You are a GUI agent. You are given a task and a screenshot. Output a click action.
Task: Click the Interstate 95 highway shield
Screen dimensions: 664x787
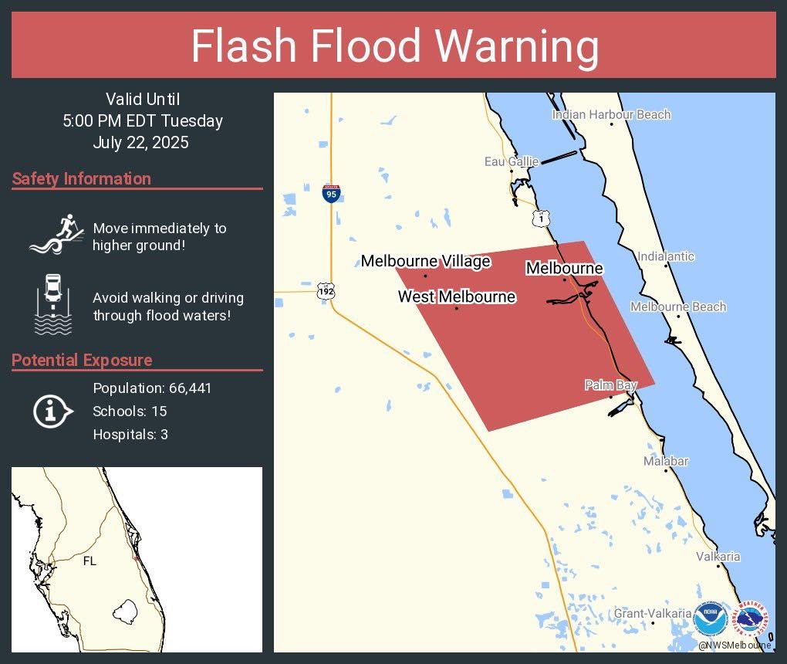[x=331, y=193]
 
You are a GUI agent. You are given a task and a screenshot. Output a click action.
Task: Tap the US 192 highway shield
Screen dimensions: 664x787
[x=325, y=291]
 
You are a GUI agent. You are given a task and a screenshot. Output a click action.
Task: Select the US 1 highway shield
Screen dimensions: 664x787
[x=540, y=219]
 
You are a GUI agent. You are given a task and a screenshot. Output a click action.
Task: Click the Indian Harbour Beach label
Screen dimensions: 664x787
[x=611, y=115]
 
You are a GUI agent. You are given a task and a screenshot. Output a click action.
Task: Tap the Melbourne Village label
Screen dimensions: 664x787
[x=425, y=262]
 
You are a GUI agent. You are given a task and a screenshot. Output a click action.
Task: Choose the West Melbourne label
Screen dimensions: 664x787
[x=456, y=296]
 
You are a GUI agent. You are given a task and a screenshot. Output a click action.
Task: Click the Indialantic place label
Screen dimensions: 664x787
[x=666, y=256]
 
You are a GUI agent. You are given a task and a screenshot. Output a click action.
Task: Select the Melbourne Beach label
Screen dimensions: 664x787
[x=677, y=307]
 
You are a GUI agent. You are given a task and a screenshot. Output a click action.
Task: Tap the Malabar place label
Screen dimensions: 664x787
[x=666, y=461]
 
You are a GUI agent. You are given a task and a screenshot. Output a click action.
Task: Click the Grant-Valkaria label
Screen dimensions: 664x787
[x=653, y=614]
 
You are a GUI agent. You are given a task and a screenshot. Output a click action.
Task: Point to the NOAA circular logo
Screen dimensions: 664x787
[x=710, y=618]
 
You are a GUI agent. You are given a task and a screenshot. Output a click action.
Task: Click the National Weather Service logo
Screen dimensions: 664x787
[x=752, y=618]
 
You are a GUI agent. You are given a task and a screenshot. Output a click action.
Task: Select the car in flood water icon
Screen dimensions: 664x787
[x=53, y=304]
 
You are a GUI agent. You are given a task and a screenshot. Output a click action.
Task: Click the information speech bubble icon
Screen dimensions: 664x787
[x=52, y=412]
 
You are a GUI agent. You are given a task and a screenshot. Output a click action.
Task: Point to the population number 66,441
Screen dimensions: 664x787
[x=190, y=388]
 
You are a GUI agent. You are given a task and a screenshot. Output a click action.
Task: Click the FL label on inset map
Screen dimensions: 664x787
[x=90, y=561]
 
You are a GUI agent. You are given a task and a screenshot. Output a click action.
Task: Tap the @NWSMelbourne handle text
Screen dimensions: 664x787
[x=734, y=645]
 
